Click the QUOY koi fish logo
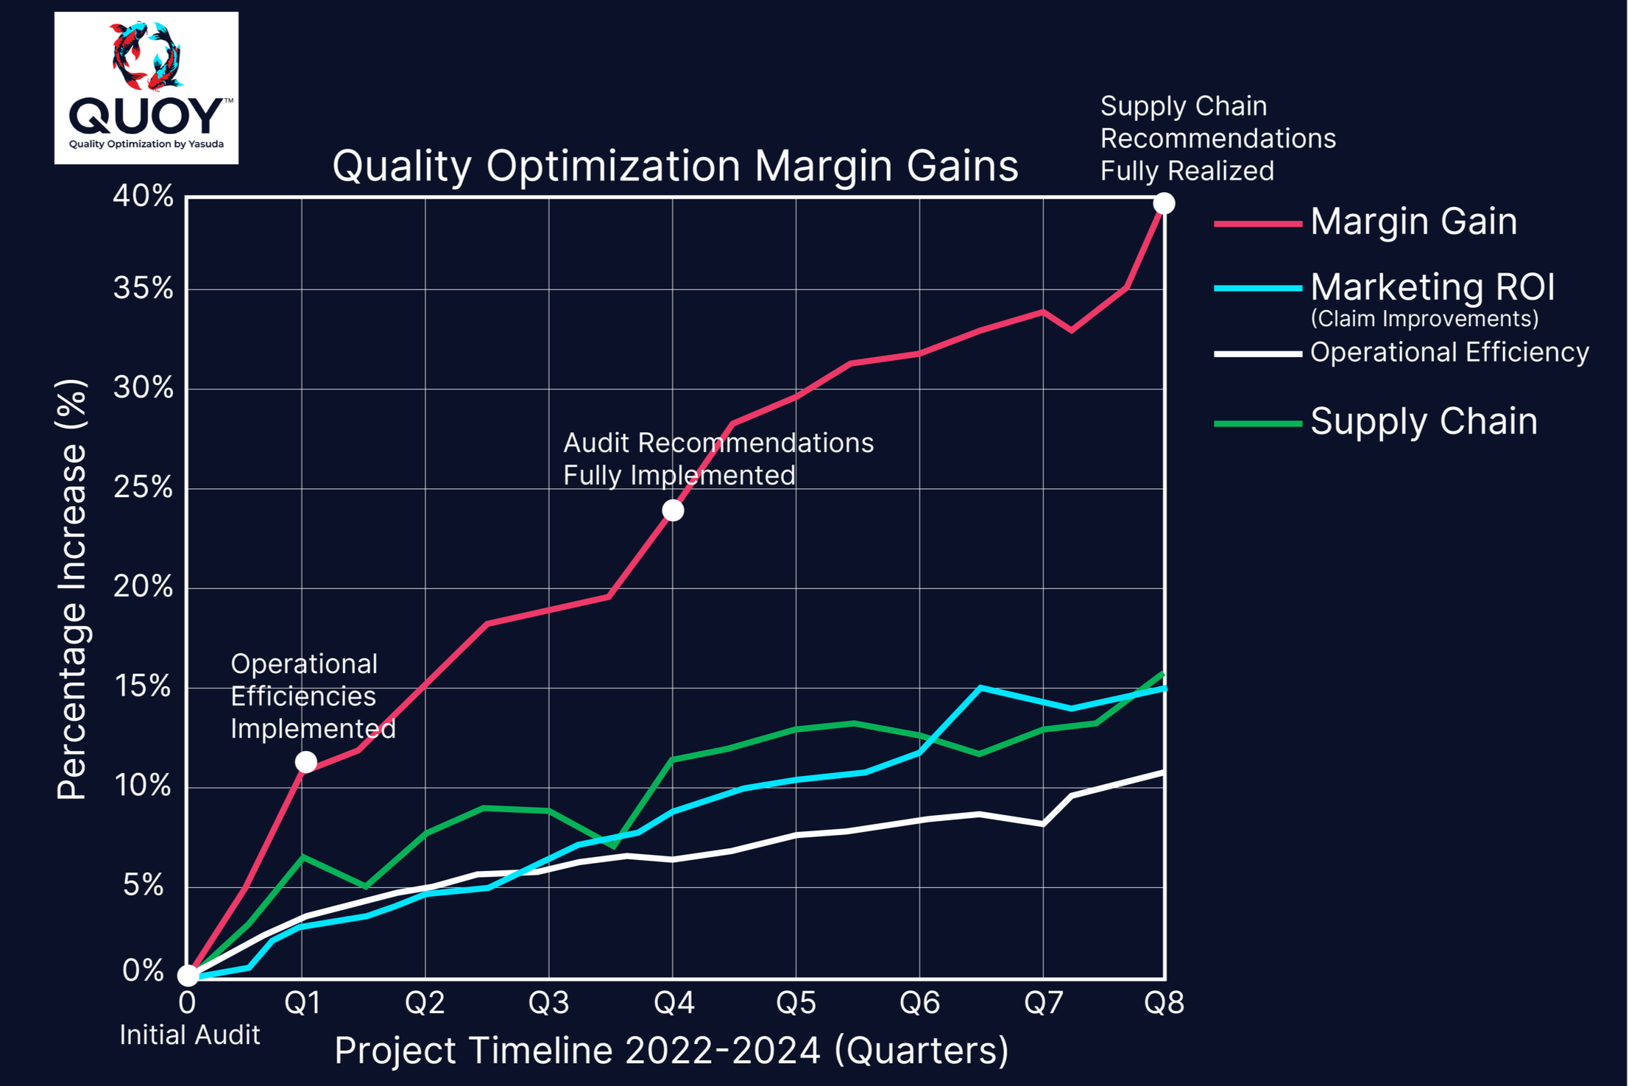point(146,87)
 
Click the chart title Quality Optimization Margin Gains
point(675,166)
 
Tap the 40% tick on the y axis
point(143,197)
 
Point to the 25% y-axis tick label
point(143,487)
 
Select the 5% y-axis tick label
point(143,885)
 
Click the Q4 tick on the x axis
point(674,1003)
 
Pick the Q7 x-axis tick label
point(1043,1003)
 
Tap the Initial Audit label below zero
point(190,1035)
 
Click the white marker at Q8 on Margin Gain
point(1164,203)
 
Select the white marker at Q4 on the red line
point(673,510)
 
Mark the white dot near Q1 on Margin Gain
point(306,762)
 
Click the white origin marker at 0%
point(188,976)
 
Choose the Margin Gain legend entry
point(1413,222)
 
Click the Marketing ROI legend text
point(1432,287)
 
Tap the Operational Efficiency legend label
point(1449,353)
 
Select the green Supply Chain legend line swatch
point(1257,423)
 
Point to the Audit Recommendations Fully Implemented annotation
point(718,459)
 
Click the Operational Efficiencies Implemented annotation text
point(313,697)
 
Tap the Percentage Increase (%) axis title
point(71,589)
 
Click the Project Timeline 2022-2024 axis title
point(671,1051)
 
